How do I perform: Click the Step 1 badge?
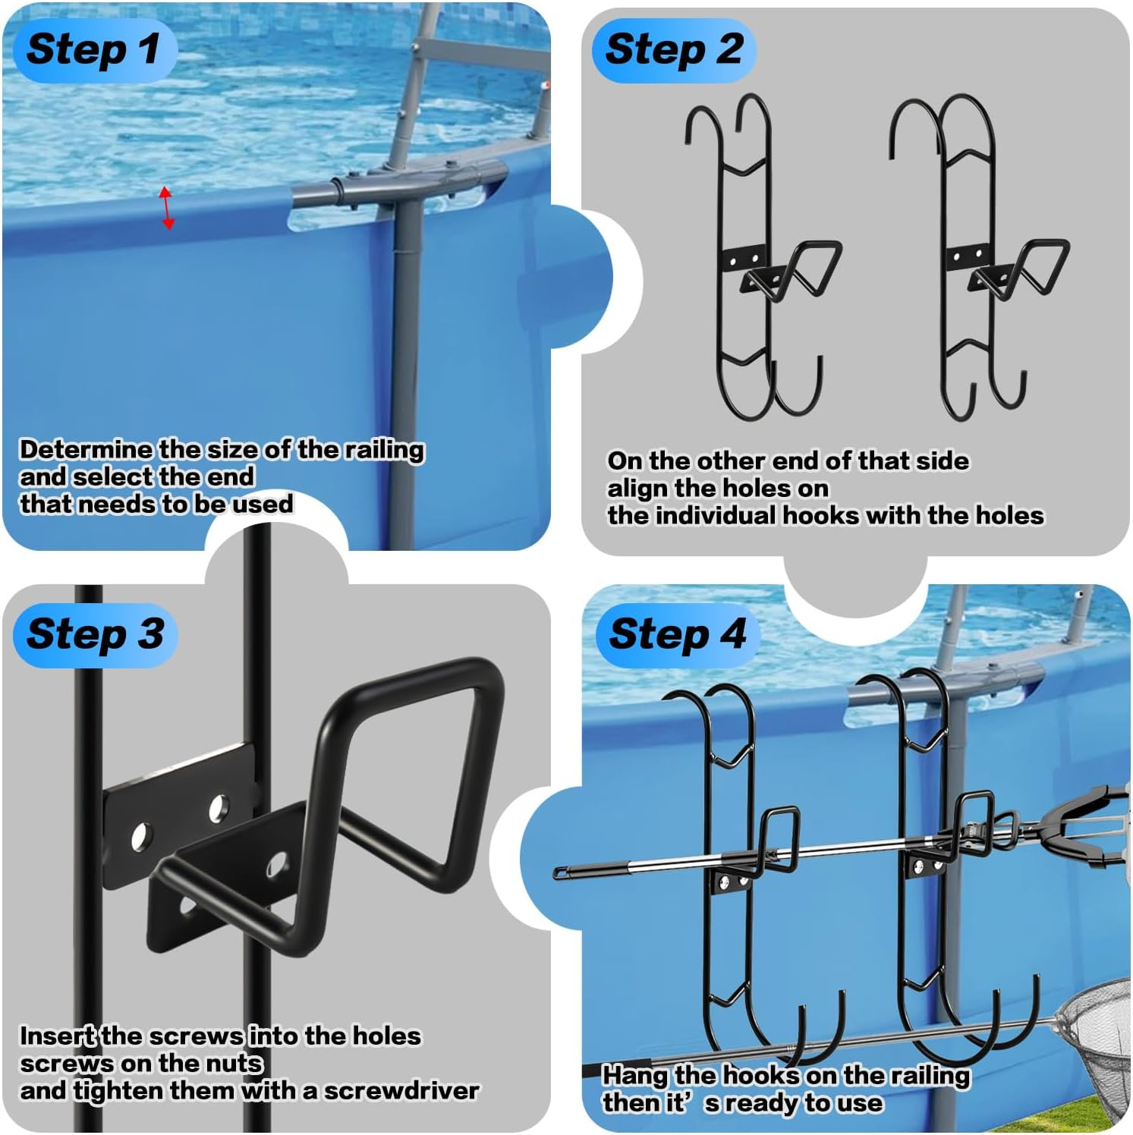tap(93, 49)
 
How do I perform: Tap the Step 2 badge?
tap(673, 49)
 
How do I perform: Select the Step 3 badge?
tap(95, 634)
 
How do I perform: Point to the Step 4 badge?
tap(677, 634)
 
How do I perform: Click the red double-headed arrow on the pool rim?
tap(166, 208)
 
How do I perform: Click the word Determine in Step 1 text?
tap(86, 449)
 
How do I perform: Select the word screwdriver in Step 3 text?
tap(401, 1090)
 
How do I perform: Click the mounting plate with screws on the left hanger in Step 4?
tap(726, 881)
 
